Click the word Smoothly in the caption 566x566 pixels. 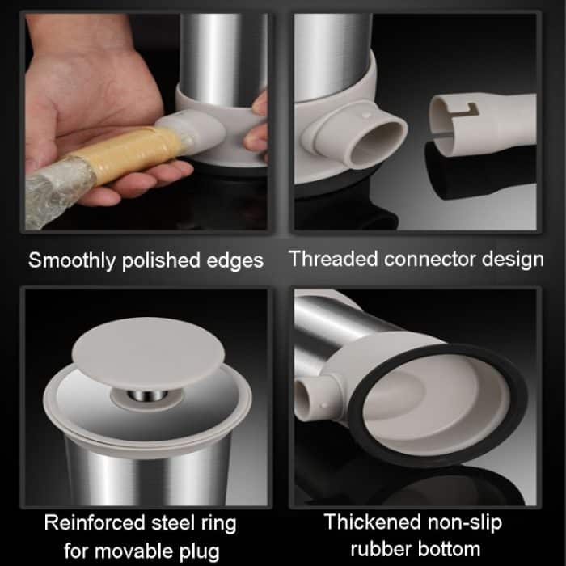(72, 260)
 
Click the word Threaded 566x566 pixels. (333, 259)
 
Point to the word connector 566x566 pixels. (429, 260)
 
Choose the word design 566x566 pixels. (513, 260)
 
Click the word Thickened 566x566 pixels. (373, 522)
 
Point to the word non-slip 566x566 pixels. (465, 522)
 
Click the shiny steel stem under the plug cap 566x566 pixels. (147, 396)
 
